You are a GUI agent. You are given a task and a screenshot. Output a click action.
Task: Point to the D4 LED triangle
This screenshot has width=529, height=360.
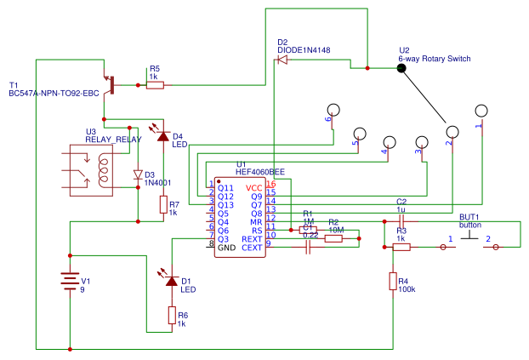tap(161, 133)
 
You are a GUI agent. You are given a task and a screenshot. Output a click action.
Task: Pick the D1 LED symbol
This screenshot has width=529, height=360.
tap(172, 280)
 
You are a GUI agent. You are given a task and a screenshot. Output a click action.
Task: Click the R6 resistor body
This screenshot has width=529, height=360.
tap(172, 316)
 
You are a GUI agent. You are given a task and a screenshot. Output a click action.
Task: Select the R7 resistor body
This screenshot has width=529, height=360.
tap(162, 205)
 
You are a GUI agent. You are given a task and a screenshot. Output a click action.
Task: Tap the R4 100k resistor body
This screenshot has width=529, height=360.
tap(393, 281)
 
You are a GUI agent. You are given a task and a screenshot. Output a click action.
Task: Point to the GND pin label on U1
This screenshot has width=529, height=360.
tap(227, 248)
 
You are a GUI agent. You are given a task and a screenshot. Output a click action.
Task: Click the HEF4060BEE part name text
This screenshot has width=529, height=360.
tap(260, 171)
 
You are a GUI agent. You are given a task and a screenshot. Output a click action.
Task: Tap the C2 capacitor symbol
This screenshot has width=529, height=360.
tap(401, 220)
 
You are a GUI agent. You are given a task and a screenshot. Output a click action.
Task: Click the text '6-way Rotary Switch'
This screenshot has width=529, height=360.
tap(434, 59)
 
